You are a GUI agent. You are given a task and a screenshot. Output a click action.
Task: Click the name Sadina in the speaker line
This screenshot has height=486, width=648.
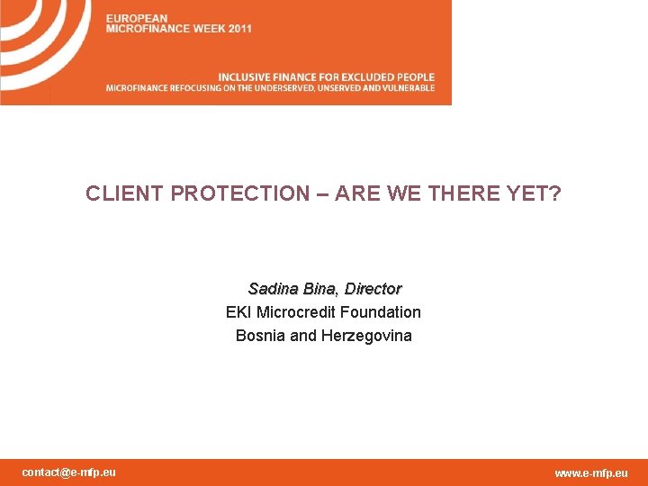click(274, 289)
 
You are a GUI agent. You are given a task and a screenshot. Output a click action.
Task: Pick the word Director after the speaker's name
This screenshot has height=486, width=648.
click(373, 289)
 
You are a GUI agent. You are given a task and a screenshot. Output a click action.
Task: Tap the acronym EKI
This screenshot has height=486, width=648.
click(238, 312)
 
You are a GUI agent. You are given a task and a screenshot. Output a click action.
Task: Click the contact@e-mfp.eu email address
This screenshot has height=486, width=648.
click(68, 472)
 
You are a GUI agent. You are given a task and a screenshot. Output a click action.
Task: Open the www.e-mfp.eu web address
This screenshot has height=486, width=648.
click(591, 473)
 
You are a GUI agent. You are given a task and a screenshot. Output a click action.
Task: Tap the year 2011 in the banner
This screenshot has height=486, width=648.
click(240, 29)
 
